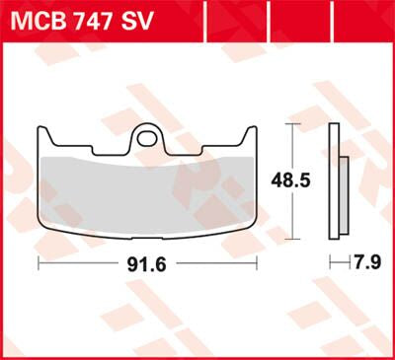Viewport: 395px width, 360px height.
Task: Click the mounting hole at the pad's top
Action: click(x=147, y=131)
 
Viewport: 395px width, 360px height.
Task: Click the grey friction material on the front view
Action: click(x=147, y=187)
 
